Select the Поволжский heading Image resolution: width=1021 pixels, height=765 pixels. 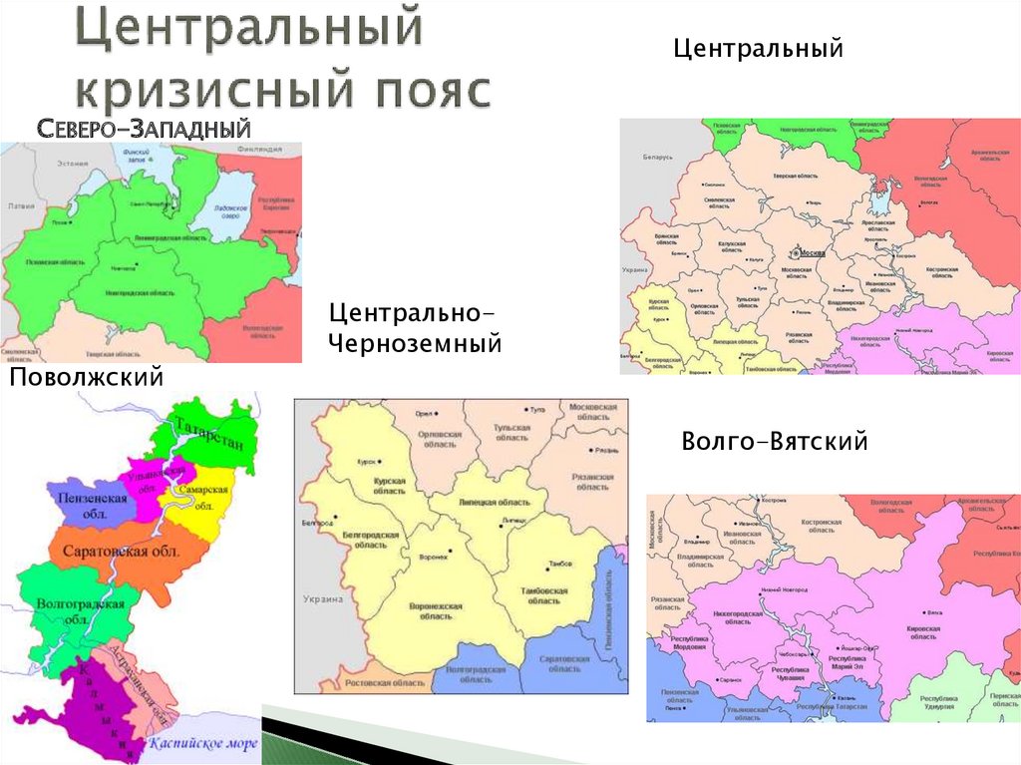click(86, 377)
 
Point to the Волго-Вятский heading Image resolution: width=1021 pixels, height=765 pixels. click(775, 440)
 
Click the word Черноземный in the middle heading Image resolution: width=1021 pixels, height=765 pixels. click(415, 344)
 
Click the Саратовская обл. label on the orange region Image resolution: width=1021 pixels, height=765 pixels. click(121, 552)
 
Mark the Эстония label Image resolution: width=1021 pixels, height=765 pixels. click(72, 163)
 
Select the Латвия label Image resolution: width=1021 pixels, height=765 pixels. click(20, 205)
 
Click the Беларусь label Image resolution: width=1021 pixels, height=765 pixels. click(658, 158)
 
